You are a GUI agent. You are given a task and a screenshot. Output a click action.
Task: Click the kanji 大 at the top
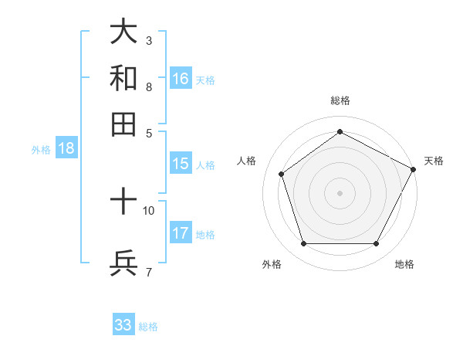click(x=123, y=32)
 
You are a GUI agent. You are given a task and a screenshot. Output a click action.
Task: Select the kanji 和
click(x=123, y=78)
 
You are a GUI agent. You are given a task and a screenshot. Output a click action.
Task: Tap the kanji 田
click(x=123, y=124)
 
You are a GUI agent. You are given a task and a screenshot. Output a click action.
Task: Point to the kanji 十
click(x=123, y=202)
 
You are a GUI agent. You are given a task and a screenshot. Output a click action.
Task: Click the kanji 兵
click(x=123, y=263)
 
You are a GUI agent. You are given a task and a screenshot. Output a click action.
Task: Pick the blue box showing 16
click(x=181, y=79)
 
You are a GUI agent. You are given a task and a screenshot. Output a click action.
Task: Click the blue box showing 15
click(x=181, y=164)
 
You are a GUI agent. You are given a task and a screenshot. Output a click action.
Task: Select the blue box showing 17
click(x=181, y=233)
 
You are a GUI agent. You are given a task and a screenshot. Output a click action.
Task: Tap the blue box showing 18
click(x=66, y=149)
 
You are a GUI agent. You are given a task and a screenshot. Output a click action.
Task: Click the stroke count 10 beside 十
click(x=149, y=210)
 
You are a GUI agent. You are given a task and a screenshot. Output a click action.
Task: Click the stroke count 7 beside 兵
click(x=149, y=272)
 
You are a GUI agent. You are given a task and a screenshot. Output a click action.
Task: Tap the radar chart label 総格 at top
click(x=340, y=100)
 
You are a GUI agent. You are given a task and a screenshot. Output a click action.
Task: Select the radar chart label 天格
click(x=434, y=161)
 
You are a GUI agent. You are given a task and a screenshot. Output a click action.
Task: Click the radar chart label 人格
click(x=247, y=161)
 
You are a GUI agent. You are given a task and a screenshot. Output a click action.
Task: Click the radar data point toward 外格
click(x=303, y=244)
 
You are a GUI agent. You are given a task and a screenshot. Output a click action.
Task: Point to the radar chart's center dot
click(x=340, y=192)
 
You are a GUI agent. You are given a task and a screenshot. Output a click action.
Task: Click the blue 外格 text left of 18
click(x=41, y=150)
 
